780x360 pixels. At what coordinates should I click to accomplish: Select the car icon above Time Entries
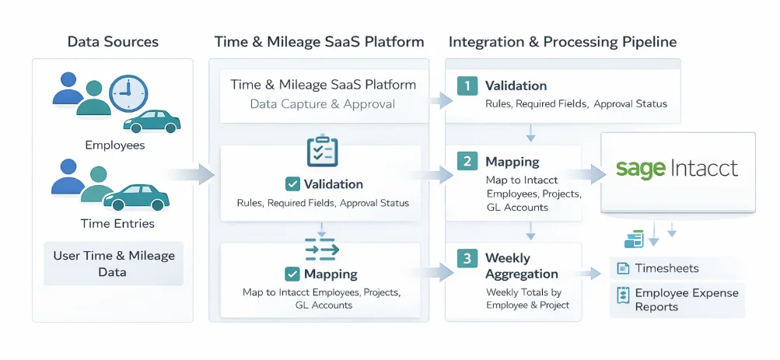[136, 197]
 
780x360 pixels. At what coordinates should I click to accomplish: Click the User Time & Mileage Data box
[114, 264]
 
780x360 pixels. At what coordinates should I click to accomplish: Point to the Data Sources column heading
[113, 42]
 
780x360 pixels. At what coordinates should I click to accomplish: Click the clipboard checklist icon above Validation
[322, 151]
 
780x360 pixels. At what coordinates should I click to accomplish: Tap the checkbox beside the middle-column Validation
[292, 184]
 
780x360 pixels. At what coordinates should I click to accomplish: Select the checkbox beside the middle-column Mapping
[292, 274]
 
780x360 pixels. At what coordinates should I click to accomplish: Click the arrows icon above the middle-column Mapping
[322, 249]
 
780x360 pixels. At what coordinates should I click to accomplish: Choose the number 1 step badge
[467, 86]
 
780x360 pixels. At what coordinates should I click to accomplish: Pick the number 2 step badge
[467, 162]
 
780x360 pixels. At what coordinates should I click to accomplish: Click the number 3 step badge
[467, 258]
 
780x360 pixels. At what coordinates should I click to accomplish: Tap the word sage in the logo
[640, 169]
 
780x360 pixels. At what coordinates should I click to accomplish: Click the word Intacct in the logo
[703, 168]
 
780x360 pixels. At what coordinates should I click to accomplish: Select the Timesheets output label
[666, 268]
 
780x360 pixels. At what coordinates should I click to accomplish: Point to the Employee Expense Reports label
[677, 299]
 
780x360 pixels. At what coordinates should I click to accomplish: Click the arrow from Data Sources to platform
[194, 174]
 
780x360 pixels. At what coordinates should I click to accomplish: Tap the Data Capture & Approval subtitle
[322, 104]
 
